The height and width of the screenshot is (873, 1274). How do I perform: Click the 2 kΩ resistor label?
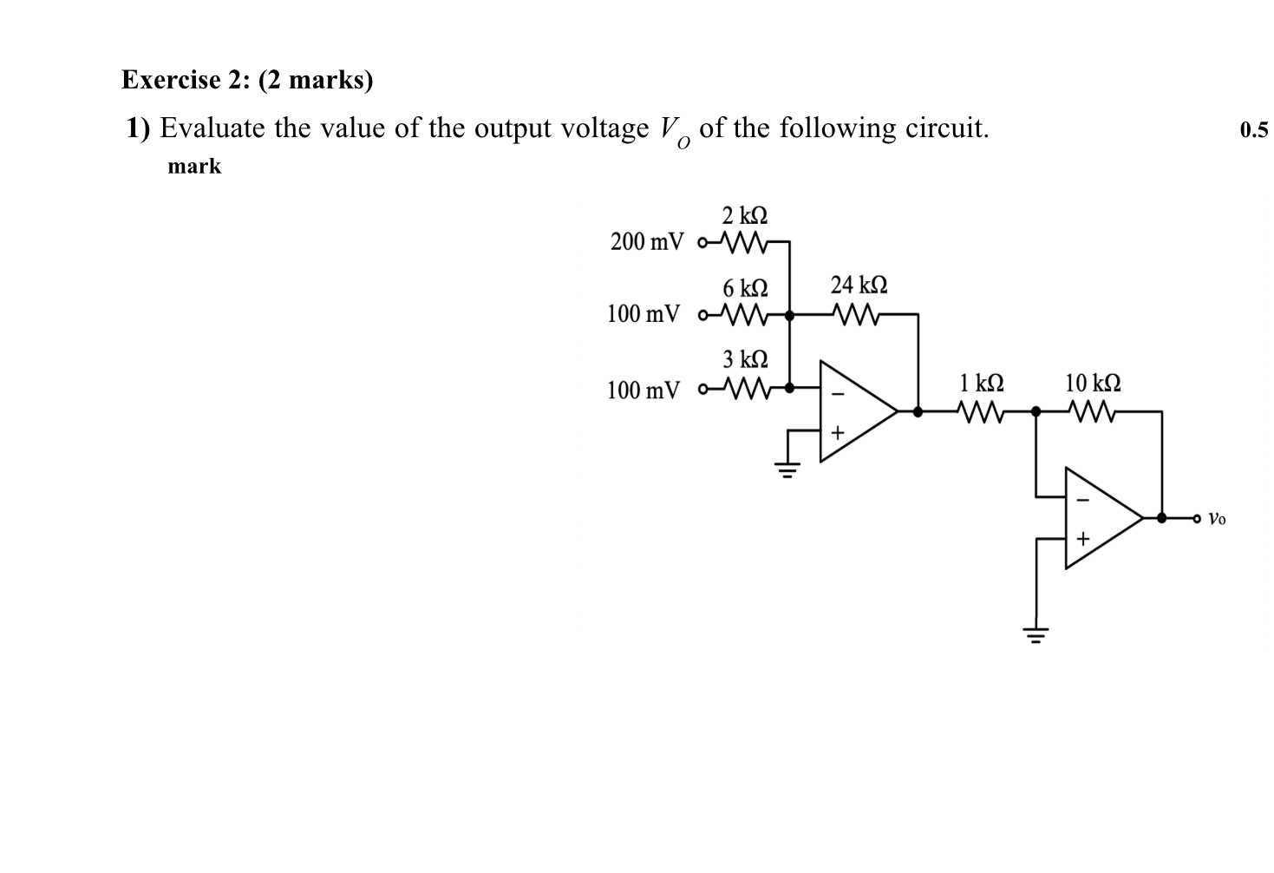[744, 214]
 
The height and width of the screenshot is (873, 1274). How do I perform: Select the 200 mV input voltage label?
[646, 241]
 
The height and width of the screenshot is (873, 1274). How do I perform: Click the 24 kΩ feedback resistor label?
[858, 285]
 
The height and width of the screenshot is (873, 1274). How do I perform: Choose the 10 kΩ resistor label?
[1092, 383]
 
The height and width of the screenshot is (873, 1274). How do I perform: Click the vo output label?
[1217, 519]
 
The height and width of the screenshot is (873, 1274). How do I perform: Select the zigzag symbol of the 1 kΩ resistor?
[981, 411]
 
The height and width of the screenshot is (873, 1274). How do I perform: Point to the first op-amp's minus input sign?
[837, 394]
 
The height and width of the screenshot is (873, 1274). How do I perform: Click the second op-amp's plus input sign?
[1081, 539]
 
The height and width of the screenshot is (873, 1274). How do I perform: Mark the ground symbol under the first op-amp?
[787, 471]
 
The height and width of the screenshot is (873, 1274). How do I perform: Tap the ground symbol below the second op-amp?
[1036, 634]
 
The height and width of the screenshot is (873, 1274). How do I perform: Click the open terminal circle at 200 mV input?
[702, 242]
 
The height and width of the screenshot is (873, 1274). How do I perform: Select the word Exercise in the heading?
[171, 80]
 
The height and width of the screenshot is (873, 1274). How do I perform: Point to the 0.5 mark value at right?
[1253, 131]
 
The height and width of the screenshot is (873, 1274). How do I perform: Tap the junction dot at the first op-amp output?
[918, 411]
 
